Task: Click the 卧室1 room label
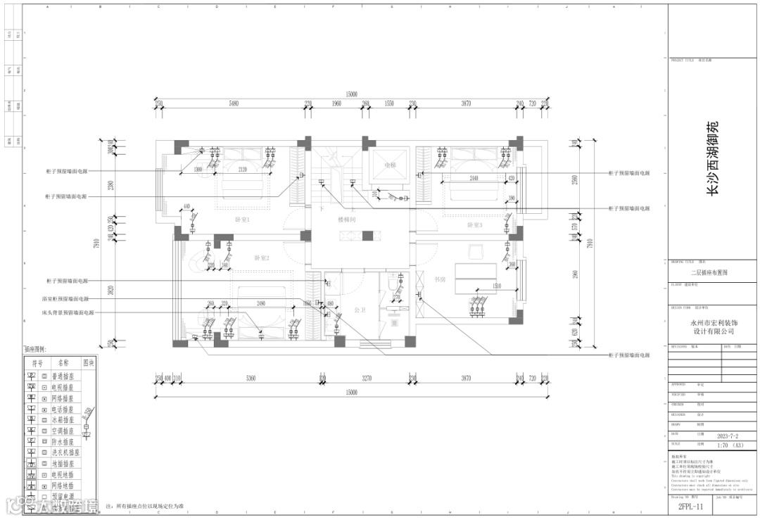pyautogui.click(x=243, y=220)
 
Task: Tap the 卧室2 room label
pyautogui.click(x=262, y=258)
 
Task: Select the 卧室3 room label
pyautogui.click(x=475, y=225)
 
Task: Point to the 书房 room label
pyautogui.click(x=441, y=279)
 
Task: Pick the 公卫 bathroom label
pyautogui.click(x=360, y=309)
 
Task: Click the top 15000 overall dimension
pyautogui.click(x=351, y=94)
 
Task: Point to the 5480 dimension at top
pyautogui.click(x=234, y=103)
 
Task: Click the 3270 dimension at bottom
pyautogui.click(x=366, y=379)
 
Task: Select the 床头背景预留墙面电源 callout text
pyautogui.click(x=69, y=312)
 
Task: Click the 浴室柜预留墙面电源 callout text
pyautogui.click(x=66, y=299)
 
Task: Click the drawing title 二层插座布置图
pyautogui.click(x=713, y=272)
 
